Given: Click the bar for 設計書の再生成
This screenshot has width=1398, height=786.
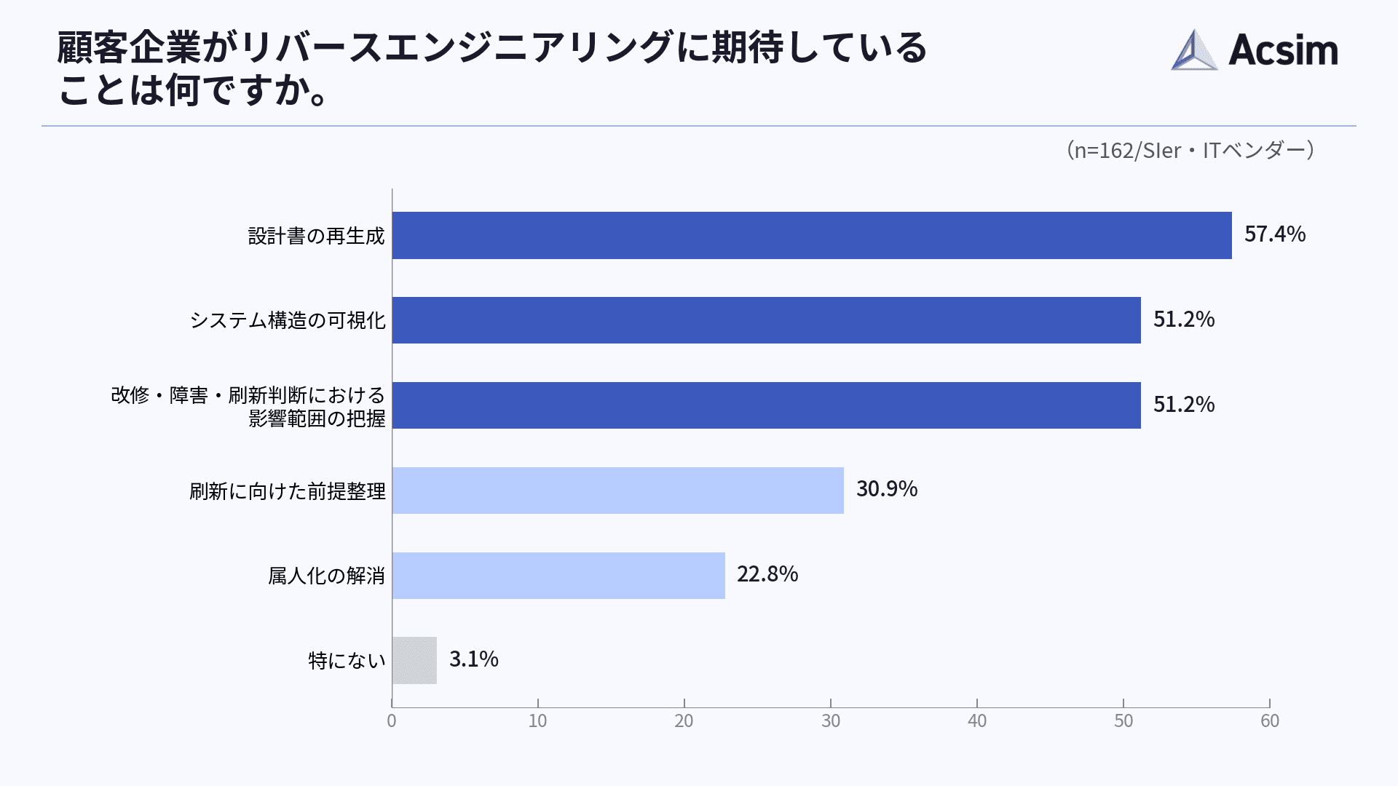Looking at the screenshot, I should [x=811, y=235].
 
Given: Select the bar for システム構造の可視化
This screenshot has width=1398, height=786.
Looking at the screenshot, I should [x=766, y=320].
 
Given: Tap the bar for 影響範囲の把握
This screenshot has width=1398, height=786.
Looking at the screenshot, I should [x=766, y=405].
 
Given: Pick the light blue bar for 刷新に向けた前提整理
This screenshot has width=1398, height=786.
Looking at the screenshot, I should [x=617, y=491].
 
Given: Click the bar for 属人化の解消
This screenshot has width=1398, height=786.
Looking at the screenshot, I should [x=558, y=576].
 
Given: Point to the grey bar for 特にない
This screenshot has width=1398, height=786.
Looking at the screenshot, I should [x=414, y=660].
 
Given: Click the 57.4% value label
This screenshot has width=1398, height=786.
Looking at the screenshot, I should [x=1274, y=234].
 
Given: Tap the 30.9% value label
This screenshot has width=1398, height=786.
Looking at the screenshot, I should [x=886, y=489].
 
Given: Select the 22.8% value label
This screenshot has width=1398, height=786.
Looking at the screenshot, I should [x=767, y=574].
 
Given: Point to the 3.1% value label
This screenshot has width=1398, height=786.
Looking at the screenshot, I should [x=473, y=659].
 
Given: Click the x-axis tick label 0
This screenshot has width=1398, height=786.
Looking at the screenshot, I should [x=392, y=721].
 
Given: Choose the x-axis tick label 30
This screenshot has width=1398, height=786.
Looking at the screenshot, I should [x=831, y=721].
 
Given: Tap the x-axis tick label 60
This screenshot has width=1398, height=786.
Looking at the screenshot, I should [x=1270, y=721].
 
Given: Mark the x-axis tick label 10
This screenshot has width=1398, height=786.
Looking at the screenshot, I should [x=537, y=721].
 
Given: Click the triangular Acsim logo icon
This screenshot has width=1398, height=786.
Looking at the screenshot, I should [x=1194, y=50].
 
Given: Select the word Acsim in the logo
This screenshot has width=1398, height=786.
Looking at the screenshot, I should [x=1283, y=50].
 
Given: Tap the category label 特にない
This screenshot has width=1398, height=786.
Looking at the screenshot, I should [x=347, y=661].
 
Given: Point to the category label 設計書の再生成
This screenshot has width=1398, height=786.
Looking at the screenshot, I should [x=316, y=237].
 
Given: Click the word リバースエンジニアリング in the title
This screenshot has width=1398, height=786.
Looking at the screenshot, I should [x=456, y=48].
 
